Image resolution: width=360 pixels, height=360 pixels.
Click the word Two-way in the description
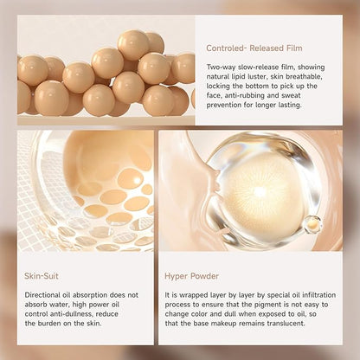tap(220, 67)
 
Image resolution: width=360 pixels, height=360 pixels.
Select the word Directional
tap(42, 293)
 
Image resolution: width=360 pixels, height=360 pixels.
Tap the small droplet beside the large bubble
tap(312, 224)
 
